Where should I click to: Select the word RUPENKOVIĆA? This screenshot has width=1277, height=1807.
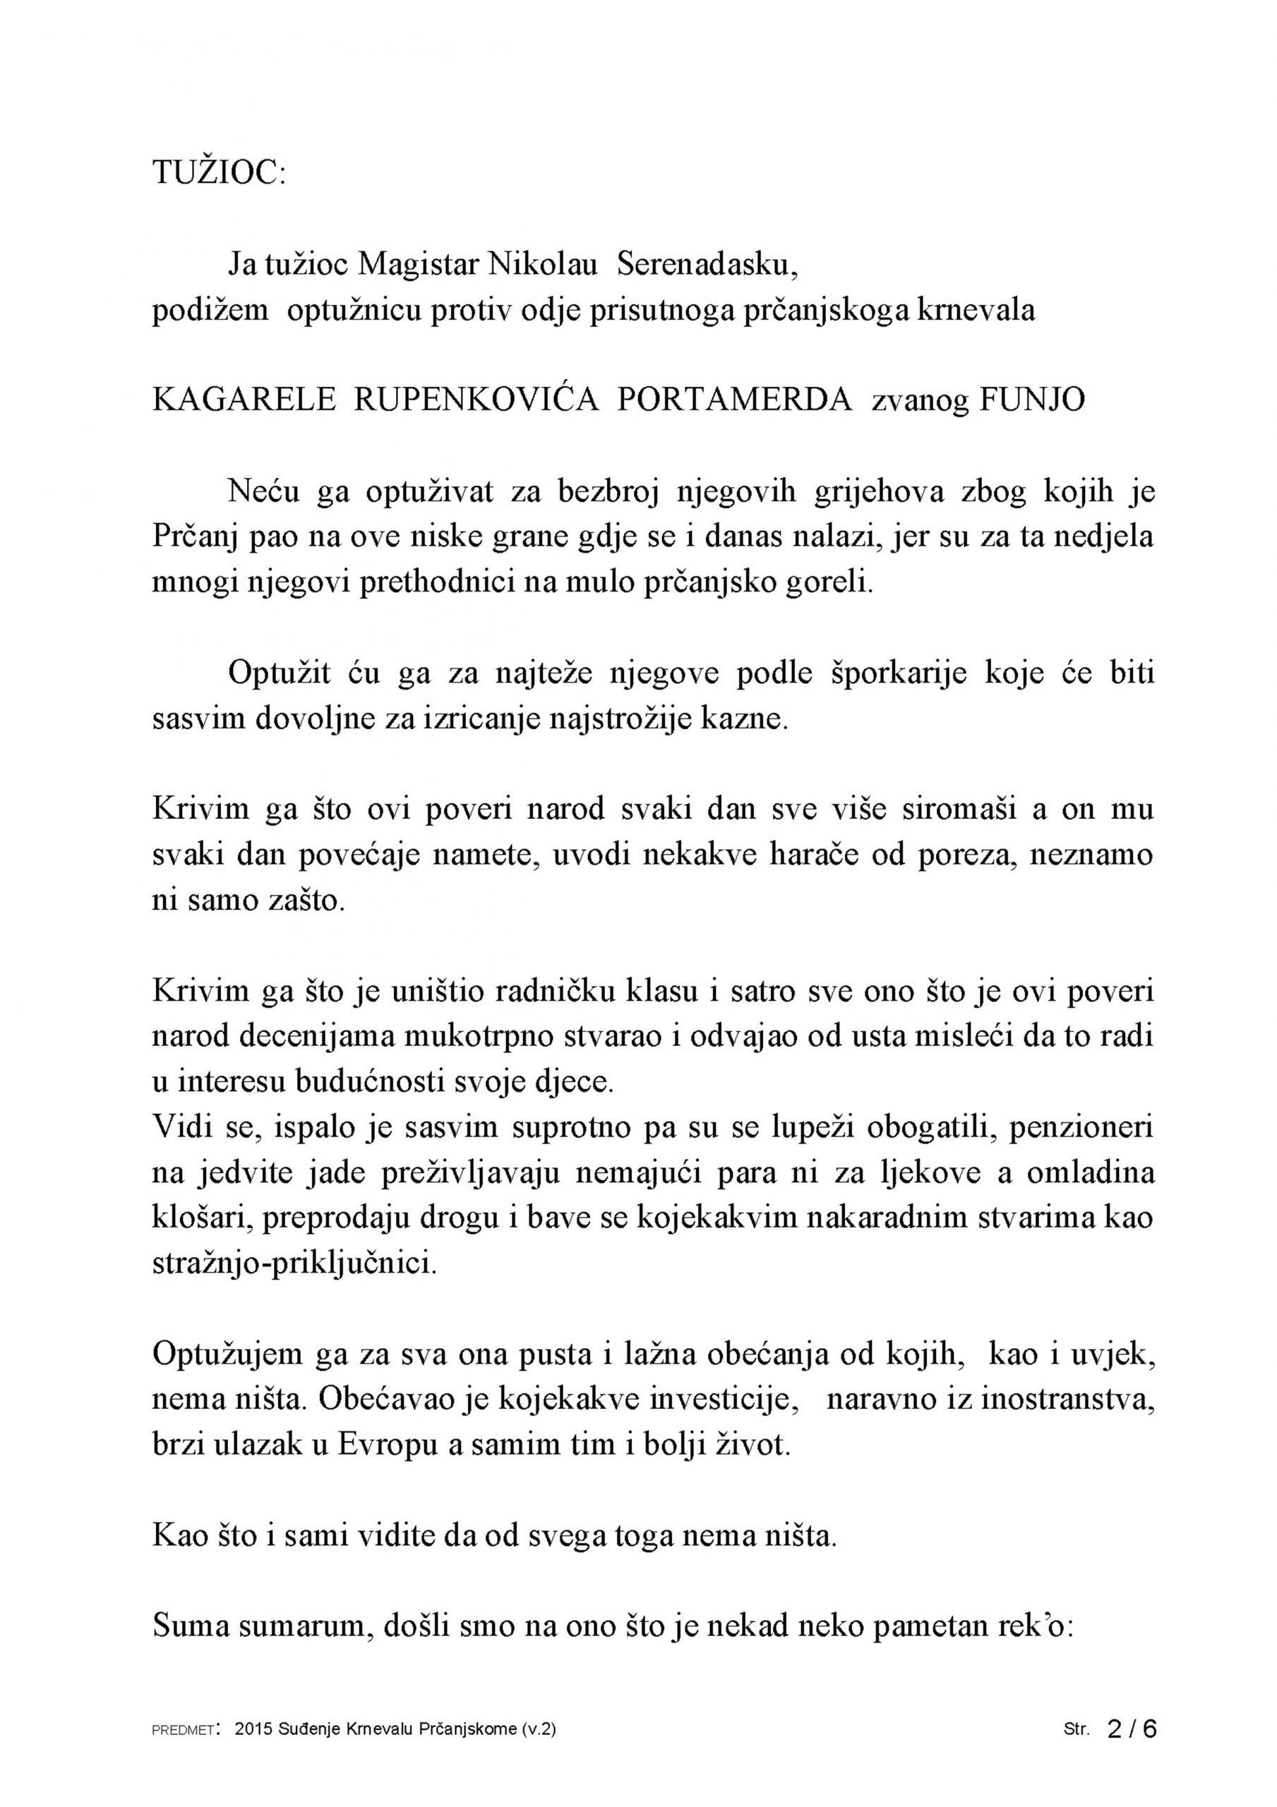pos(476,401)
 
